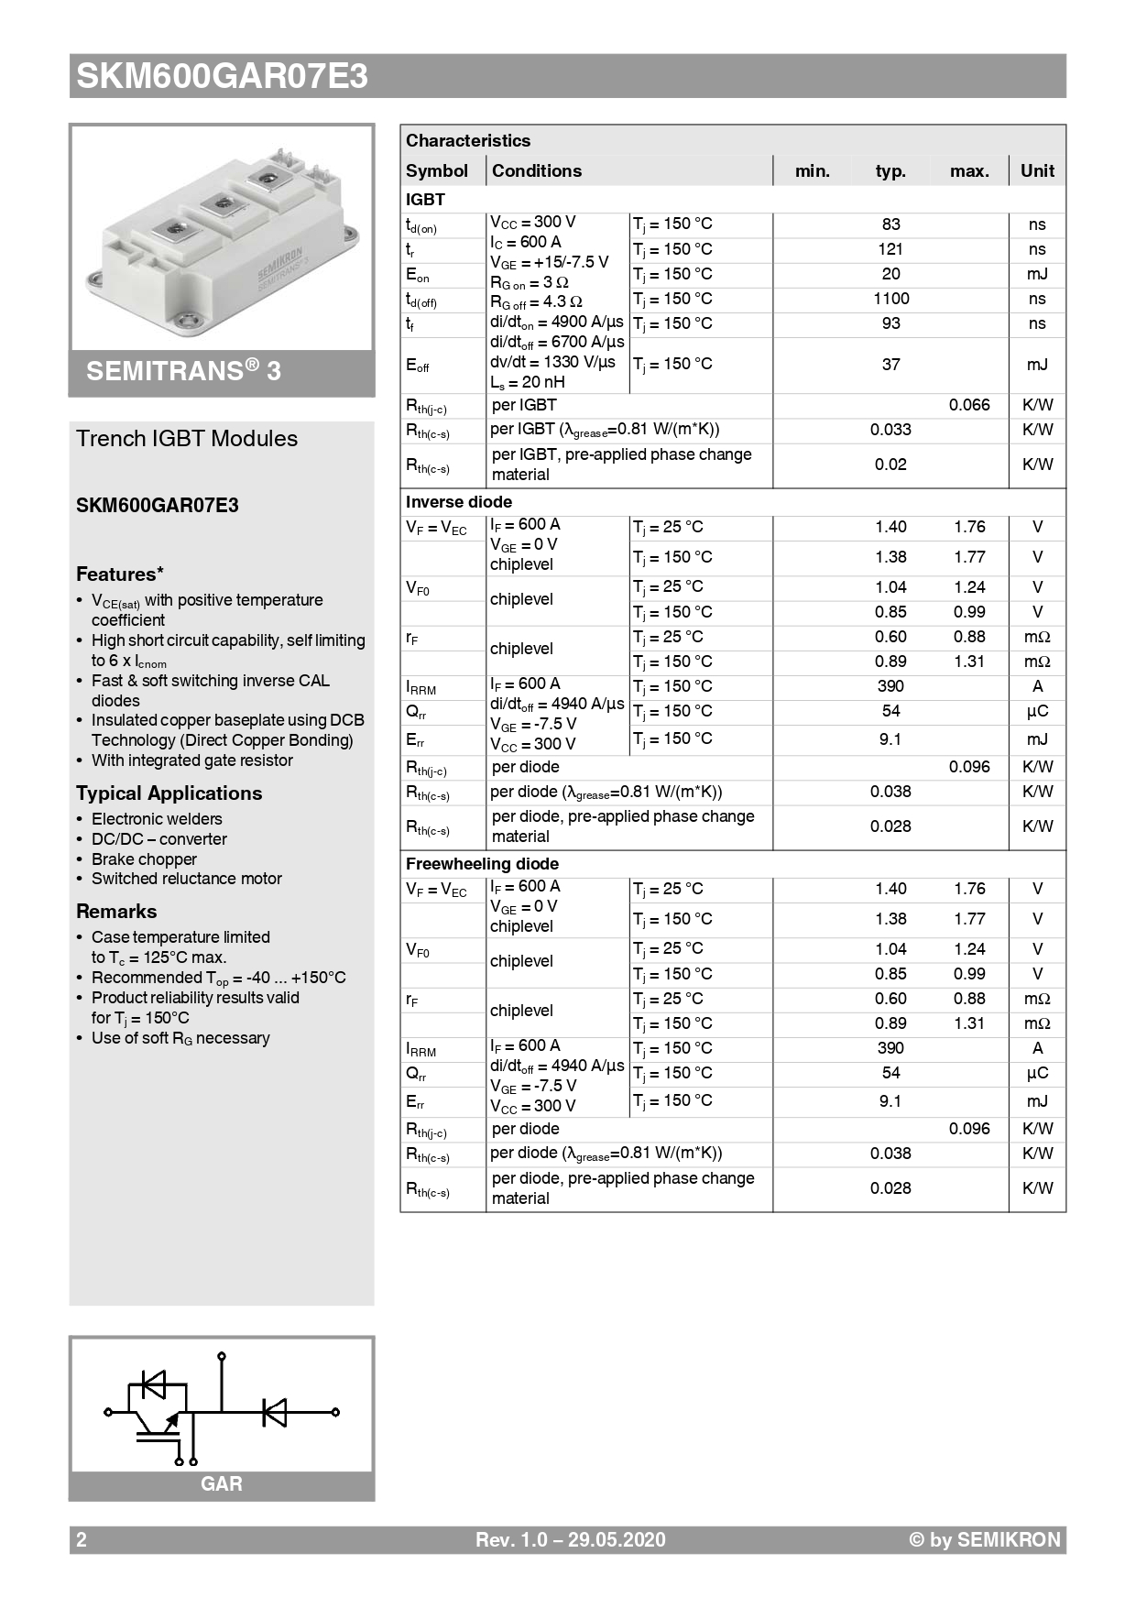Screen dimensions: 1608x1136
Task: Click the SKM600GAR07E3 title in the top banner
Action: pos(222,76)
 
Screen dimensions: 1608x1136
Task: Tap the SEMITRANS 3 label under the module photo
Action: pos(183,371)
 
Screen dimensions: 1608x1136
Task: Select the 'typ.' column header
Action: pos(890,171)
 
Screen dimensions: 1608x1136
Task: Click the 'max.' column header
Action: pos(969,171)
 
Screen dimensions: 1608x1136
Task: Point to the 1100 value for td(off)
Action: pos(890,299)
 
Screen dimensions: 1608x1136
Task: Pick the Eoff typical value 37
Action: pos(890,365)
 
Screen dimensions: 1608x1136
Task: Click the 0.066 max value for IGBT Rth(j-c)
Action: pos(969,405)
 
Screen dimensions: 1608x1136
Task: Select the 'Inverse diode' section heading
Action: pos(459,502)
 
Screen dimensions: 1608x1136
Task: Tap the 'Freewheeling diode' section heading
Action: pos(482,864)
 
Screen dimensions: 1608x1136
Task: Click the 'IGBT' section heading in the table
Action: pos(425,200)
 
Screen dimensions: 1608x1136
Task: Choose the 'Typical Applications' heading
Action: pos(169,793)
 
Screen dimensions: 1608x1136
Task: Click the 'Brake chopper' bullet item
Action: pos(144,859)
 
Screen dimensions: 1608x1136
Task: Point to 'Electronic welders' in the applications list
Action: pos(157,819)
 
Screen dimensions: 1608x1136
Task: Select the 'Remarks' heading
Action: pos(116,912)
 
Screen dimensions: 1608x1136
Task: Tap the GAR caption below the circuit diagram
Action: pos(222,1484)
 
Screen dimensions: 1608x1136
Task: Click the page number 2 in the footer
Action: pos(82,1540)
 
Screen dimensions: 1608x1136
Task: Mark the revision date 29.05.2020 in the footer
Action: pos(617,1540)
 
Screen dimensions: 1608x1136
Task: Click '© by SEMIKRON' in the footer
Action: pos(984,1540)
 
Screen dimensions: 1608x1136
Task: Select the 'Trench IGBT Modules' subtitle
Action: pos(187,439)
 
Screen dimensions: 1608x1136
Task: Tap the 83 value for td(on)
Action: pos(890,224)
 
